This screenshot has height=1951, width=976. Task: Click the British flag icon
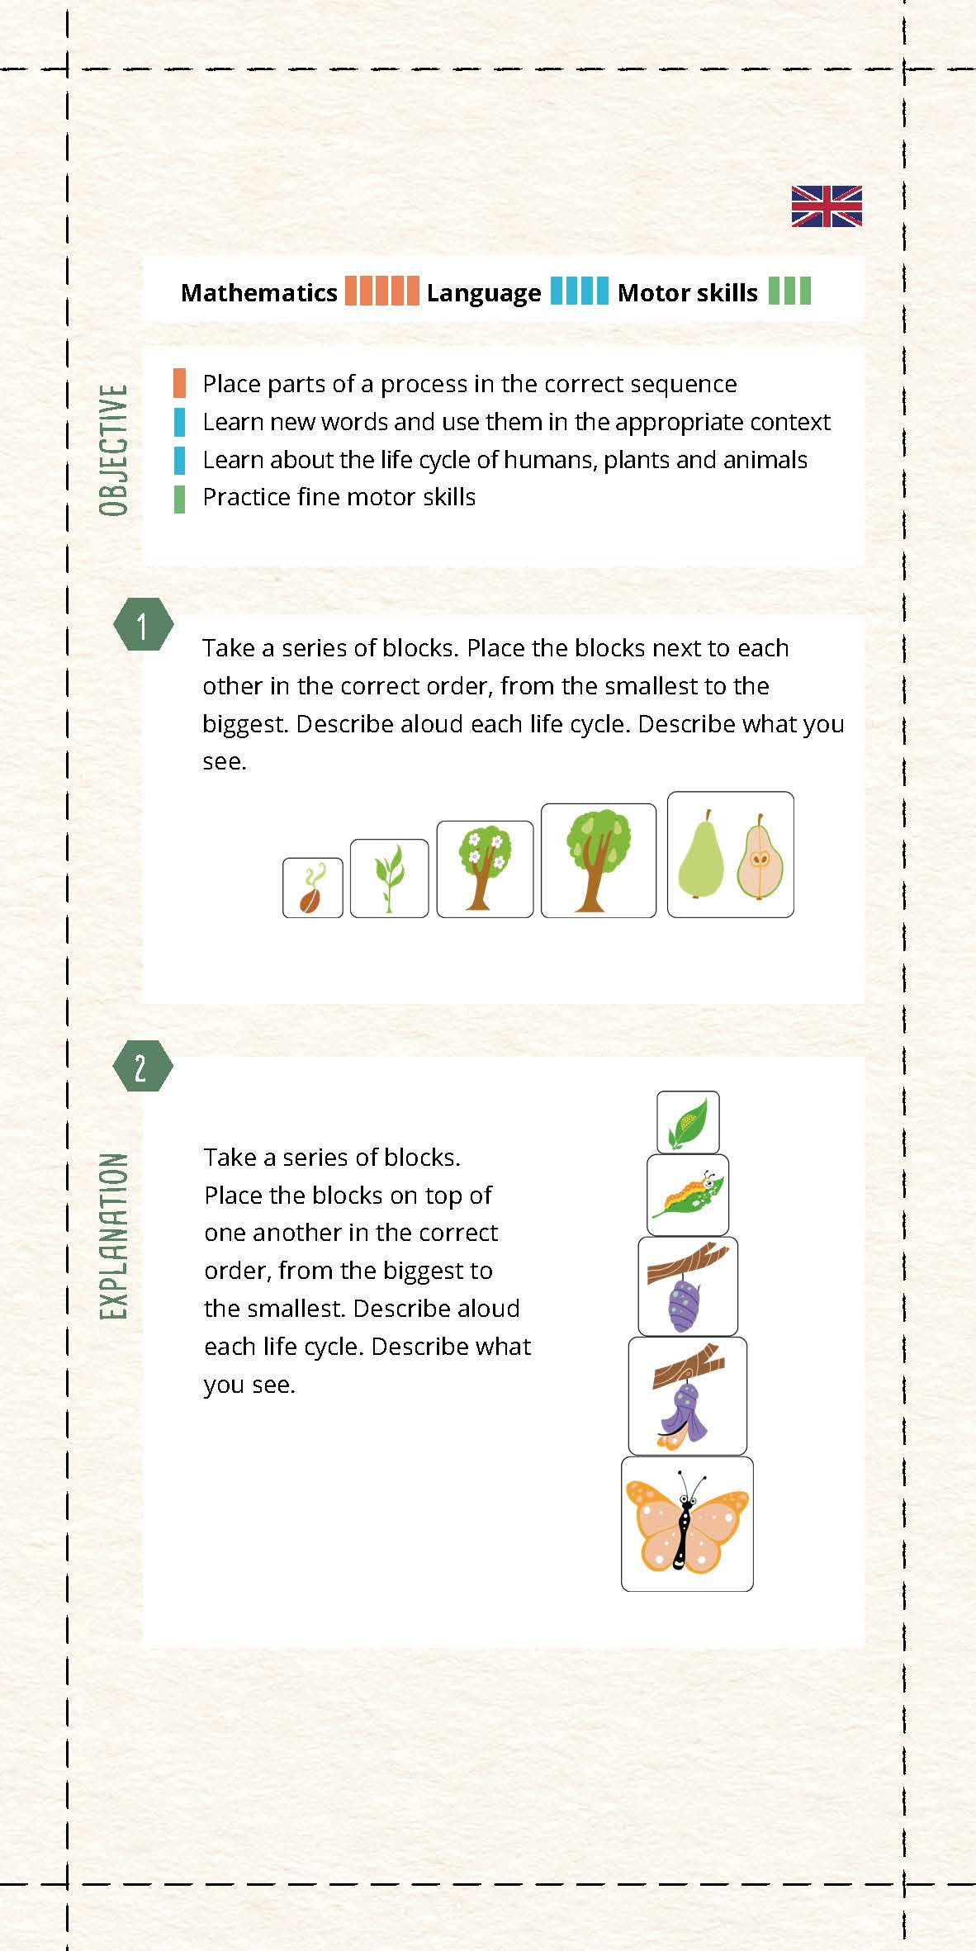click(x=827, y=206)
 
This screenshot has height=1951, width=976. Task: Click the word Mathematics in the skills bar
click(x=259, y=292)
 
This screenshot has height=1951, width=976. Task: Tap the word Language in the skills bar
click(x=484, y=293)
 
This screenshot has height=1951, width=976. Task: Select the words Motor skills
click(x=688, y=292)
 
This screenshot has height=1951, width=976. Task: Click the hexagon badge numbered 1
click(x=143, y=625)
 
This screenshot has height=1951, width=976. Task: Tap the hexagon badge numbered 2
click(x=143, y=1067)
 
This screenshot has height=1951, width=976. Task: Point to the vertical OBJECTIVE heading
click(x=114, y=450)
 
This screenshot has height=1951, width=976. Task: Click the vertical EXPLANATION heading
click(x=114, y=1236)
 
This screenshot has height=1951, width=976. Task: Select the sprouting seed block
click(x=313, y=888)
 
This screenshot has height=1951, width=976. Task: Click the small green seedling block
click(x=390, y=878)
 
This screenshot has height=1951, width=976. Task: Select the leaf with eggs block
click(x=688, y=1123)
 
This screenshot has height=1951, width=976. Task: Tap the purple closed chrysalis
click(x=685, y=1304)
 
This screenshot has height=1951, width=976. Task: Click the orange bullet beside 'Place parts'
click(x=179, y=384)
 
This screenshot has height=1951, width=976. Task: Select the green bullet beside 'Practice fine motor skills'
click(x=179, y=500)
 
